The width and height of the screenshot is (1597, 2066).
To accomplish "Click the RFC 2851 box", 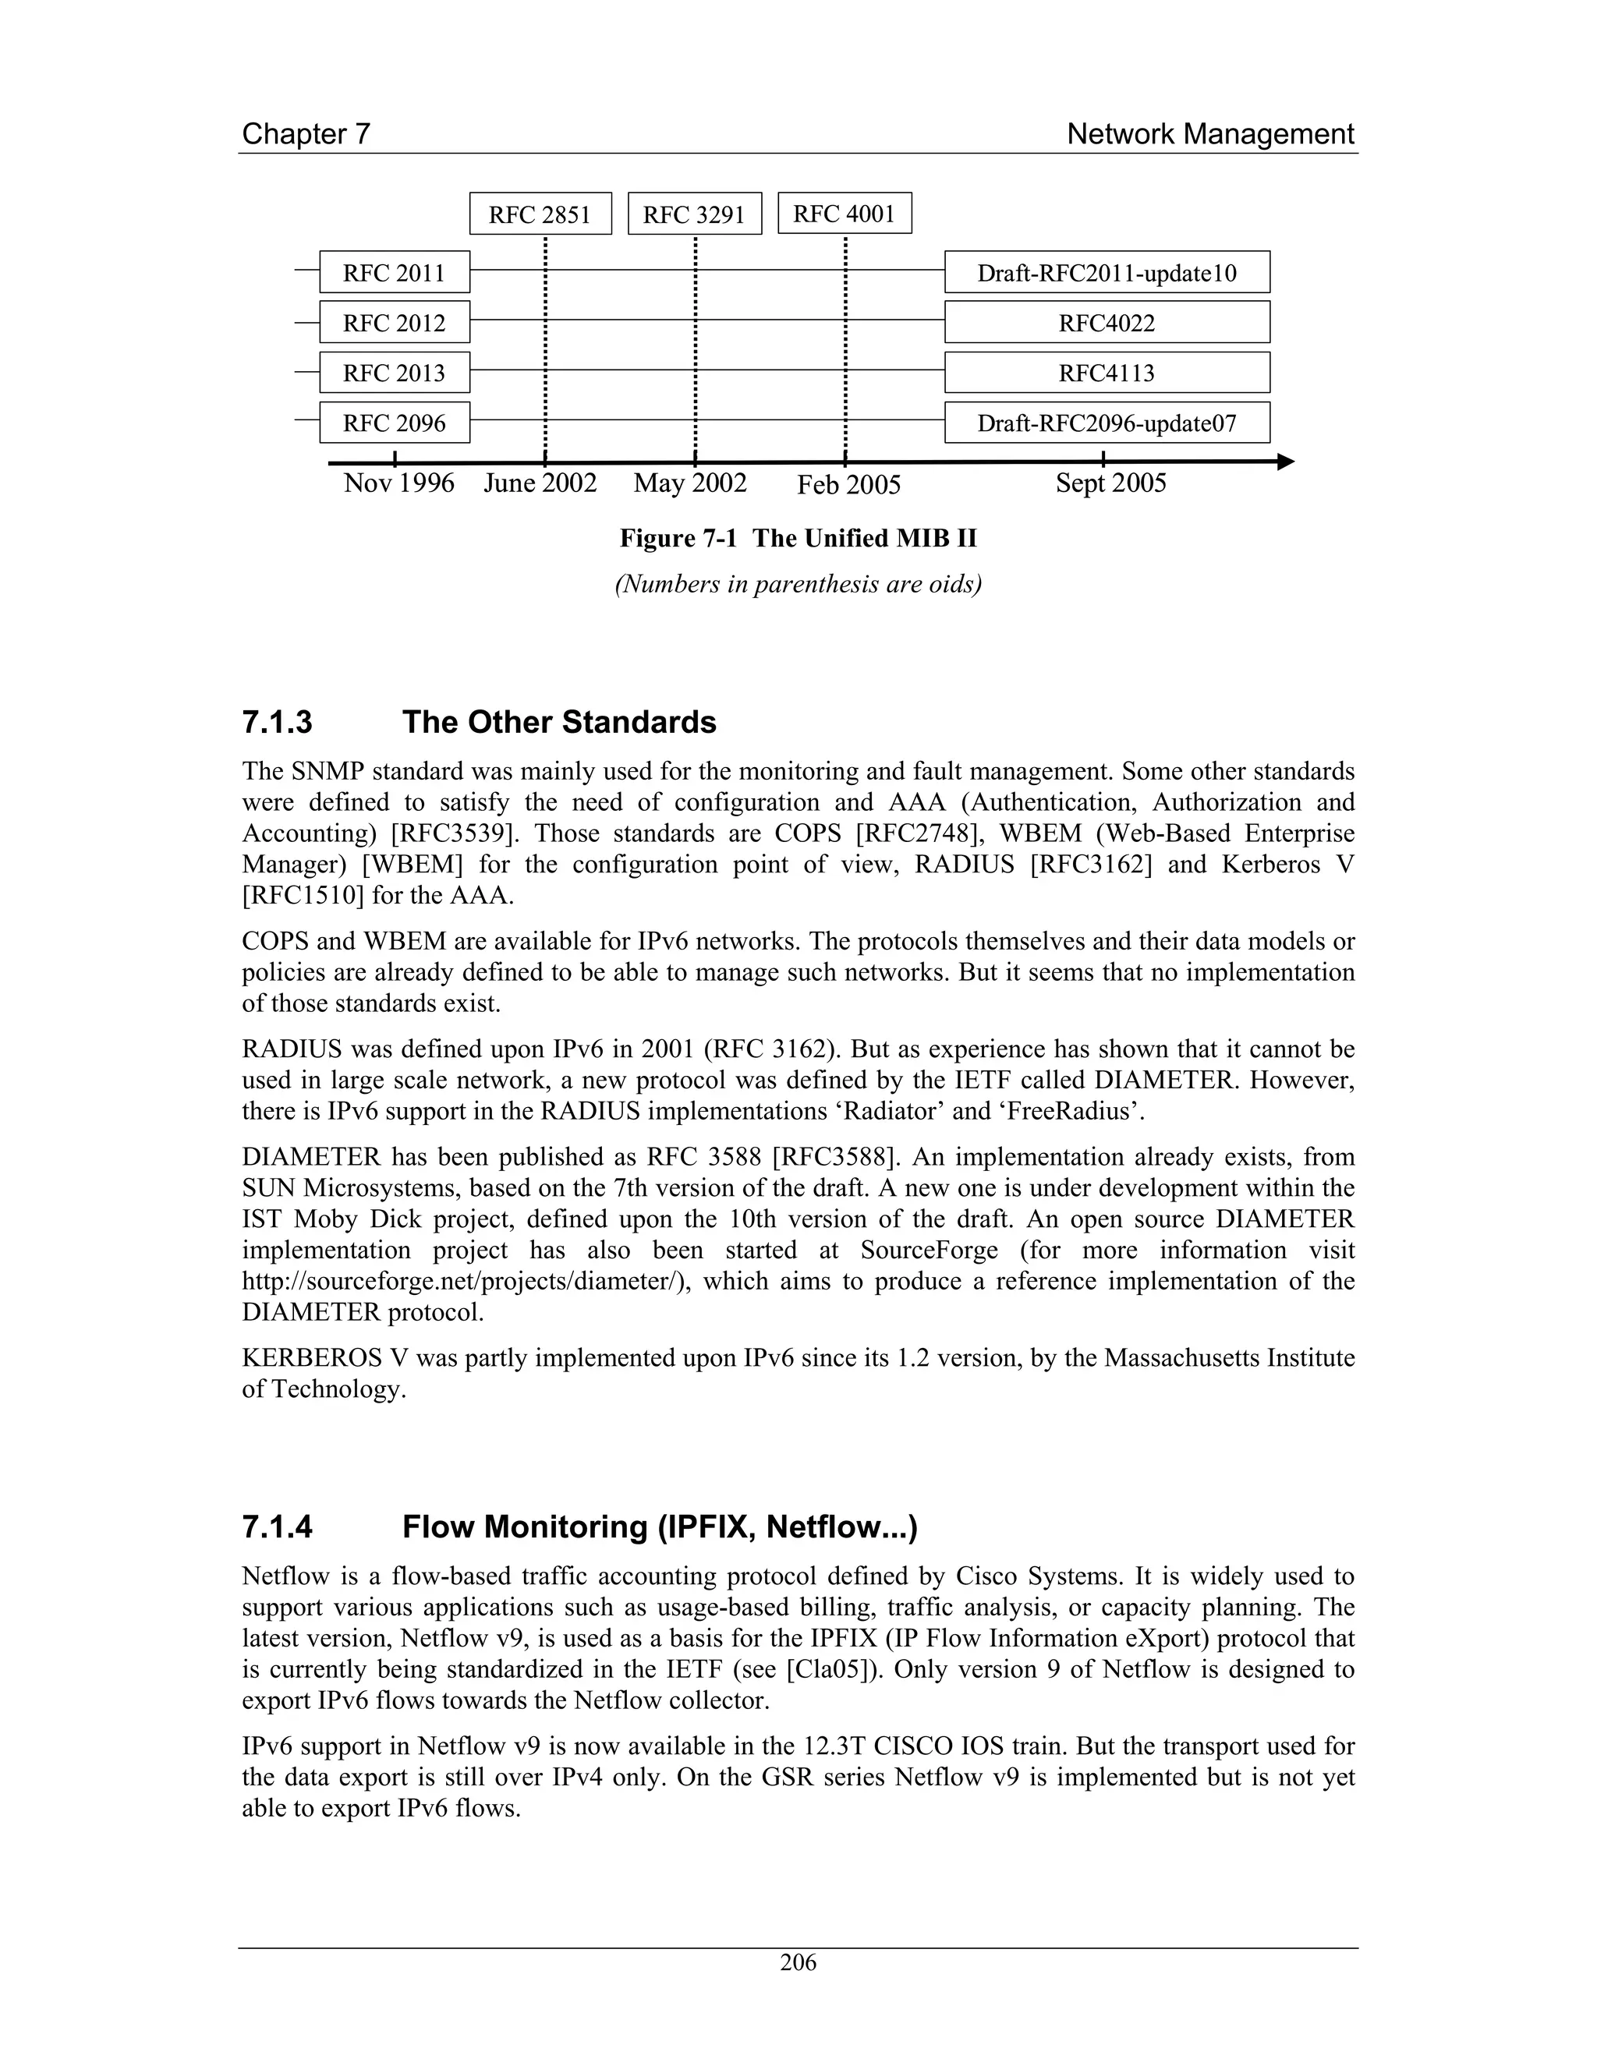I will (540, 214).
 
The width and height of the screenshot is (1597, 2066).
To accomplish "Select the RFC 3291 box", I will (695, 214).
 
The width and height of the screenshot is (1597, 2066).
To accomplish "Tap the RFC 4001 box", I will (844, 213).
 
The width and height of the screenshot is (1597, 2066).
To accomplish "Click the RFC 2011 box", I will (394, 272).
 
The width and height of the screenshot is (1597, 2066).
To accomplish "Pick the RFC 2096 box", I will (394, 422).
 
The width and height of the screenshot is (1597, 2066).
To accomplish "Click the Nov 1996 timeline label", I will (398, 483).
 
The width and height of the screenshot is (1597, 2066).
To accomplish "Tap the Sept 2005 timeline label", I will (1110, 483).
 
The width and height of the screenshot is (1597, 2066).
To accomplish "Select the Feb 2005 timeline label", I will (848, 485).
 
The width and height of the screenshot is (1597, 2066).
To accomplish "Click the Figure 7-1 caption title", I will (798, 538).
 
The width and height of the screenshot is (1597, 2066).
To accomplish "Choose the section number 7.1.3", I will (277, 723).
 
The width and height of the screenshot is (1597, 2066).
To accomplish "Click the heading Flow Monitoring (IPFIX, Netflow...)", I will (660, 1527).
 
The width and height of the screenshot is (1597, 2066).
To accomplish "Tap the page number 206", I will (798, 1962).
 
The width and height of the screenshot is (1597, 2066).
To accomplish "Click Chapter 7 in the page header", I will (306, 134).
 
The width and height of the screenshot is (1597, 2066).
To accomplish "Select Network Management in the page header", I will (1210, 134).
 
